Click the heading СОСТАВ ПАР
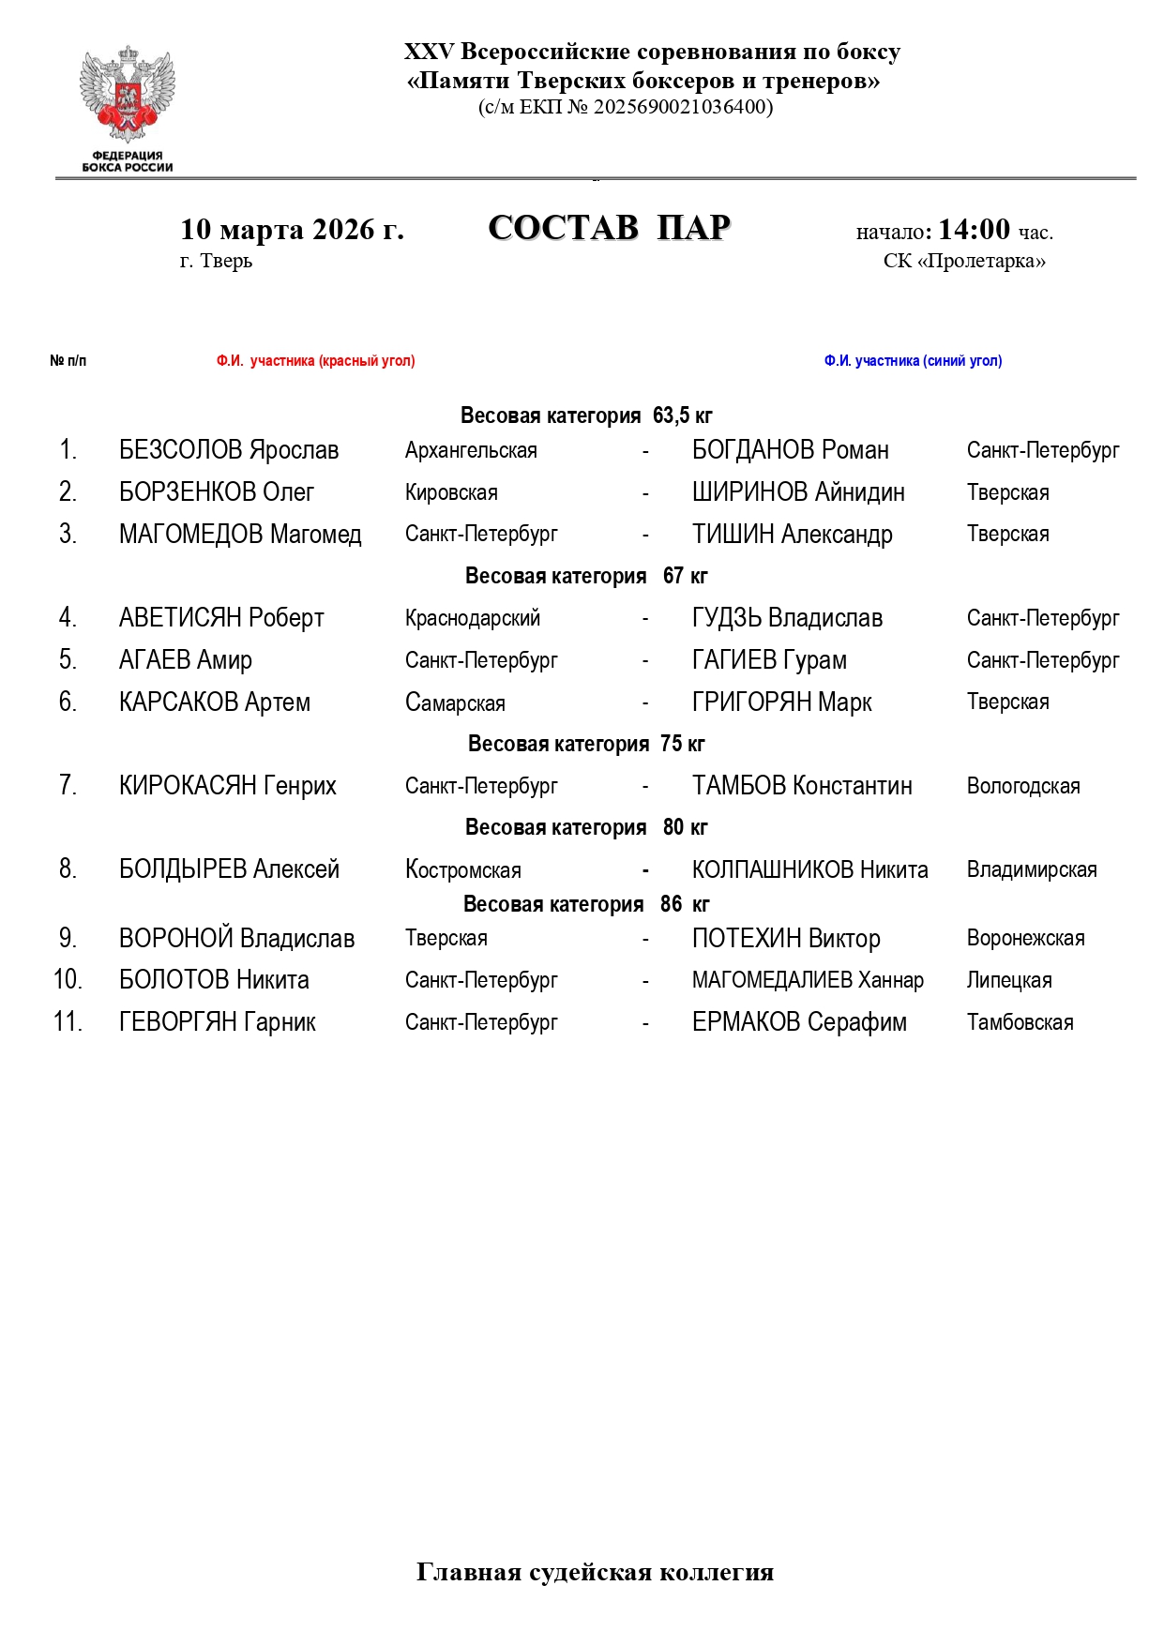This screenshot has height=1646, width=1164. [609, 228]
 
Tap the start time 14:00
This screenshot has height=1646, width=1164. [974, 230]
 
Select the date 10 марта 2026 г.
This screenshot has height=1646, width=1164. [292, 230]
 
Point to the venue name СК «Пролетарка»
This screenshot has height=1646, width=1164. [964, 261]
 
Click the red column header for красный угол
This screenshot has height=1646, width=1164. [315, 361]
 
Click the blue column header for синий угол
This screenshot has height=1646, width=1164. [913, 361]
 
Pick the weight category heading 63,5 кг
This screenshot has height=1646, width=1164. [586, 415]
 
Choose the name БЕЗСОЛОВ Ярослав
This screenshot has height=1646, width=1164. [228, 450]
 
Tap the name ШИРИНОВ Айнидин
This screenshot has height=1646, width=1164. [798, 492]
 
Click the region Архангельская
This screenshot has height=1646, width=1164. [471, 451]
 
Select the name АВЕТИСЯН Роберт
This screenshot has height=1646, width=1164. [221, 618]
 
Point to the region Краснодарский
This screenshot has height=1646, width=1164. [472, 619]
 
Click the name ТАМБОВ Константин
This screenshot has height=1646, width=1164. [802, 786]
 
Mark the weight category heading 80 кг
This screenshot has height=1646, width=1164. [586, 827]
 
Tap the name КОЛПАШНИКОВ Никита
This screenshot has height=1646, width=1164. [809, 870]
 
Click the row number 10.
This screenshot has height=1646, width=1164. [68, 980]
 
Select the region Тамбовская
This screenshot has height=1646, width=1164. [1020, 1023]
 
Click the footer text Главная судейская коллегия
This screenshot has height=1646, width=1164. [595, 1573]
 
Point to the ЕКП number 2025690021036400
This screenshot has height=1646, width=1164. [683, 107]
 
